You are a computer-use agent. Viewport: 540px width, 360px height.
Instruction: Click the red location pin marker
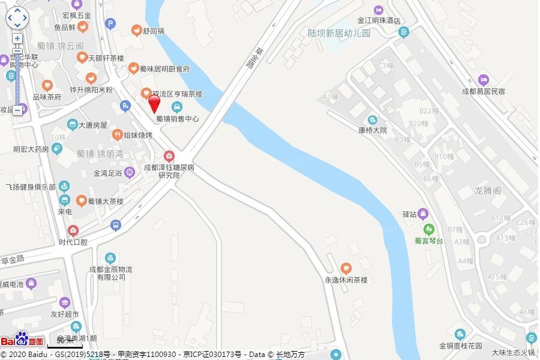coord(154,103)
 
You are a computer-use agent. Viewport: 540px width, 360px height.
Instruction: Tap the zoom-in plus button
coord(17,38)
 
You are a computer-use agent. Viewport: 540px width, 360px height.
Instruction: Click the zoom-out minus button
coord(17,110)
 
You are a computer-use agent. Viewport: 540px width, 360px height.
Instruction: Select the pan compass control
coord(17,18)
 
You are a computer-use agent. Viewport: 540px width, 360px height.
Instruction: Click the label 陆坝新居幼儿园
coord(339,34)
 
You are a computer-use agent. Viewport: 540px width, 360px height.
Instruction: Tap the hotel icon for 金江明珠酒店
coord(378,10)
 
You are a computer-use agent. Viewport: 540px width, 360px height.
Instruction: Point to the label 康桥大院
coord(373,130)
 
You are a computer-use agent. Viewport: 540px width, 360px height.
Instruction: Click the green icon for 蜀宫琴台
coord(428,229)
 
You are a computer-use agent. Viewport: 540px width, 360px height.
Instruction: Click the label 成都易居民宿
coord(483,91)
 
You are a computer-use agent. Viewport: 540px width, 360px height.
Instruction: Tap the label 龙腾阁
coord(488,190)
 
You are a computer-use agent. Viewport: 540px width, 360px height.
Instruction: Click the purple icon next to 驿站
coord(423,214)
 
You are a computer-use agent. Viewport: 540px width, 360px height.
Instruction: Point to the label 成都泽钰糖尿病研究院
coord(169,172)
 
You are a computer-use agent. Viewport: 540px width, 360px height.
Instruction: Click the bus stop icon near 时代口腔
coord(116,226)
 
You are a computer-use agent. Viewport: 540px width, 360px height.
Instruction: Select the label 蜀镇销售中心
coord(177,119)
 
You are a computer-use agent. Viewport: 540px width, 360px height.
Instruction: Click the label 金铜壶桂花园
coord(461,346)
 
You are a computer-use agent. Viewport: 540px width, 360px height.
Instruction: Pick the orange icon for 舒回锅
coord(137,30)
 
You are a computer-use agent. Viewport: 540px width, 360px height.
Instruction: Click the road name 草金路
coord(12,259)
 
